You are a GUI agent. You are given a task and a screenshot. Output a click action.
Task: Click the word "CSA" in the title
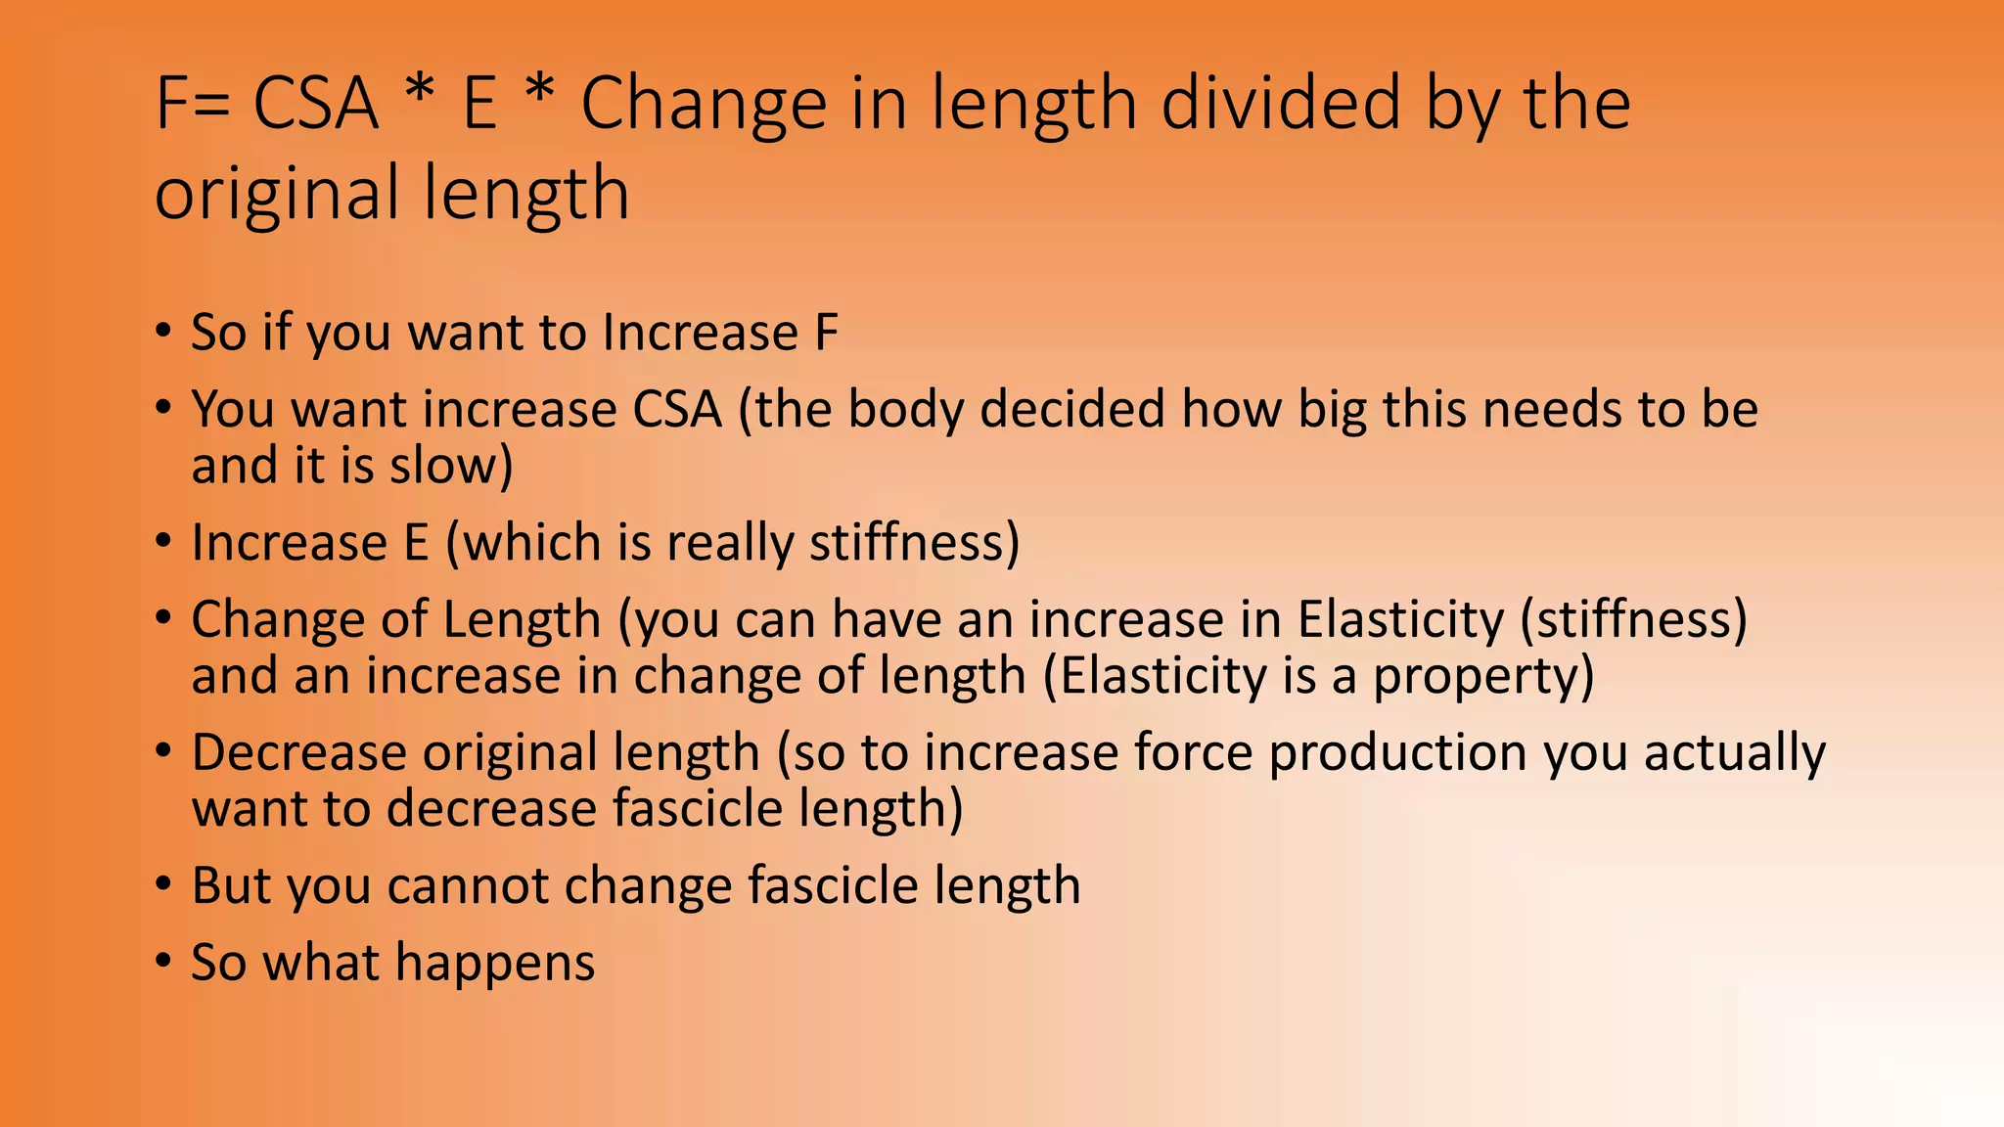[315, 104]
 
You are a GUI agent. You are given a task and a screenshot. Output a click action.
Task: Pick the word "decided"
[1072, 409]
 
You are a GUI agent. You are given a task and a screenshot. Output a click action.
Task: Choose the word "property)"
[1483, 677]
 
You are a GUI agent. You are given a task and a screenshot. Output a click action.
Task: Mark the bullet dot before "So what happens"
[163, 961]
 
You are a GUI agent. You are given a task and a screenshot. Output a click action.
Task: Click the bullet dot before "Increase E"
[163, 541]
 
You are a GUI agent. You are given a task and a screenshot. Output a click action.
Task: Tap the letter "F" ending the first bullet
[827, 333]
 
